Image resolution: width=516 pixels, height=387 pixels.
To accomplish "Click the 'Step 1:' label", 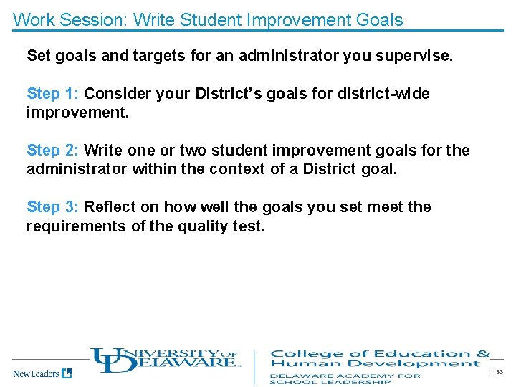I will (x=53, y=94).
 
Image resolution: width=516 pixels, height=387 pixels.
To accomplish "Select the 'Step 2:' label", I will (x=53, y=150).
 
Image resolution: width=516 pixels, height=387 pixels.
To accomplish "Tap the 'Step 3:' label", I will (x=53, y=207).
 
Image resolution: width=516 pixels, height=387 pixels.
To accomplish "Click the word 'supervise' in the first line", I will (x=418, y=55).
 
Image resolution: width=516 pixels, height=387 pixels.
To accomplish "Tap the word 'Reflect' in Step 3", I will (x=110, y=207).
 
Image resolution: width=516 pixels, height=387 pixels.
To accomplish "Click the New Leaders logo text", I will (x=36, y=373).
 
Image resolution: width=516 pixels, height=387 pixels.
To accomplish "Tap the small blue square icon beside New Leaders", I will (x=67, y=373).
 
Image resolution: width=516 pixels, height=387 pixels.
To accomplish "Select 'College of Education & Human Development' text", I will (x=380, y=358).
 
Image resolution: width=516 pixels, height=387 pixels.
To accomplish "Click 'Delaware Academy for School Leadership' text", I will (x=345, y=378).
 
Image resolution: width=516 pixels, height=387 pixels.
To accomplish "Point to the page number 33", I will (x=500, y=372).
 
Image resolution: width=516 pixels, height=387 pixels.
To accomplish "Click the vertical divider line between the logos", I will (x=254, y=366).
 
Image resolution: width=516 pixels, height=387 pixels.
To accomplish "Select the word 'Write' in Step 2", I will (x=104, y=150).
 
